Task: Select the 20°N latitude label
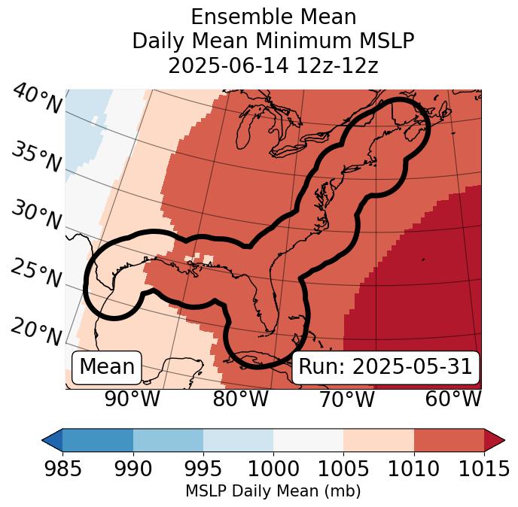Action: click(x=36, y=332)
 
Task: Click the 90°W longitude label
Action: click(x=133, y=399)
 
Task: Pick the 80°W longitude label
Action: click(x=240, y=399)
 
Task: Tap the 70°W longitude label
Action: click(x=346, y=399)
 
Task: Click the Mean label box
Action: click(x=107, y=367)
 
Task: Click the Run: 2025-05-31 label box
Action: click(x=385, y=367)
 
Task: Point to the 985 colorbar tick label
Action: click(x=62, y=469)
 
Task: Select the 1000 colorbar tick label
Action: click(x=273, y=469)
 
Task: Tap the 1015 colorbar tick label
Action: click(x=483, y=469)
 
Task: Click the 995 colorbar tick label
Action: click(x=203, y=469)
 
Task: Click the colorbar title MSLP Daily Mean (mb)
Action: click(x=273, y=491)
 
